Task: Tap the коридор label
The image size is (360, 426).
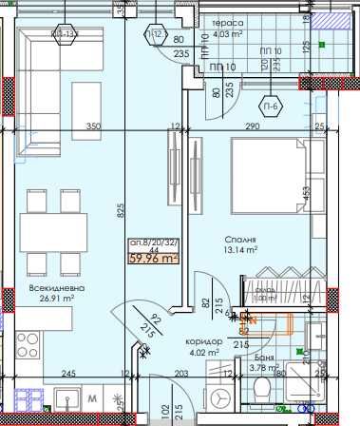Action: (205, 341)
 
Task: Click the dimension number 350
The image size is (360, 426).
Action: (92, 126)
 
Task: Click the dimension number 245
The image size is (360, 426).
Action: (68, 374)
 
